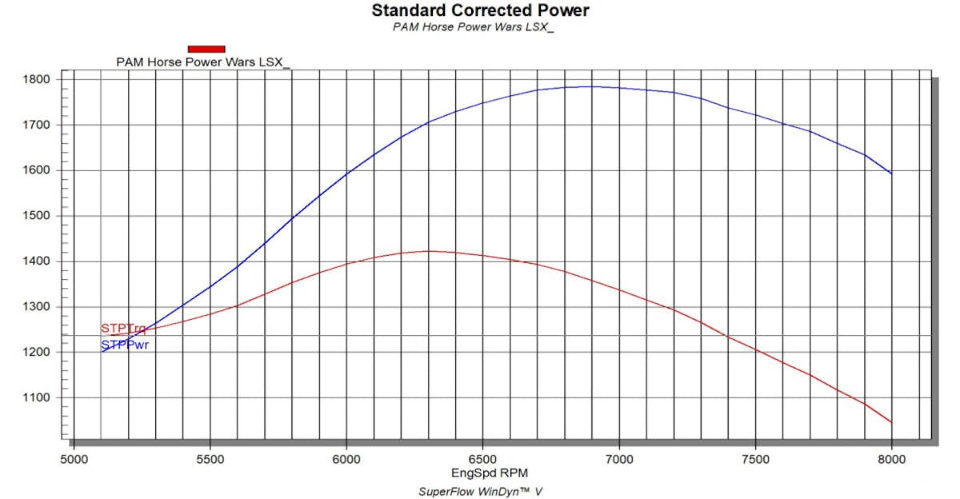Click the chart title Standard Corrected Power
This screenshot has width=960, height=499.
[480, 10]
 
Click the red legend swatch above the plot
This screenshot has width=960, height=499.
[206, 49]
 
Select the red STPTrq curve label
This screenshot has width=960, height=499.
[123, 328]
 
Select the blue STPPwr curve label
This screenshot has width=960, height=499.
[125, 345]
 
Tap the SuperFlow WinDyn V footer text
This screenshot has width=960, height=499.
[480, 491]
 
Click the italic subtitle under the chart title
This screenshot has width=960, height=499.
[474, 26]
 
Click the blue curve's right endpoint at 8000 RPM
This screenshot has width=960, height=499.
[891, 174]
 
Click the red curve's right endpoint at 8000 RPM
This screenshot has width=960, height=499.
[891, 422]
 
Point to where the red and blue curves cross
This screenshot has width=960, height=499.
[145, 330]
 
